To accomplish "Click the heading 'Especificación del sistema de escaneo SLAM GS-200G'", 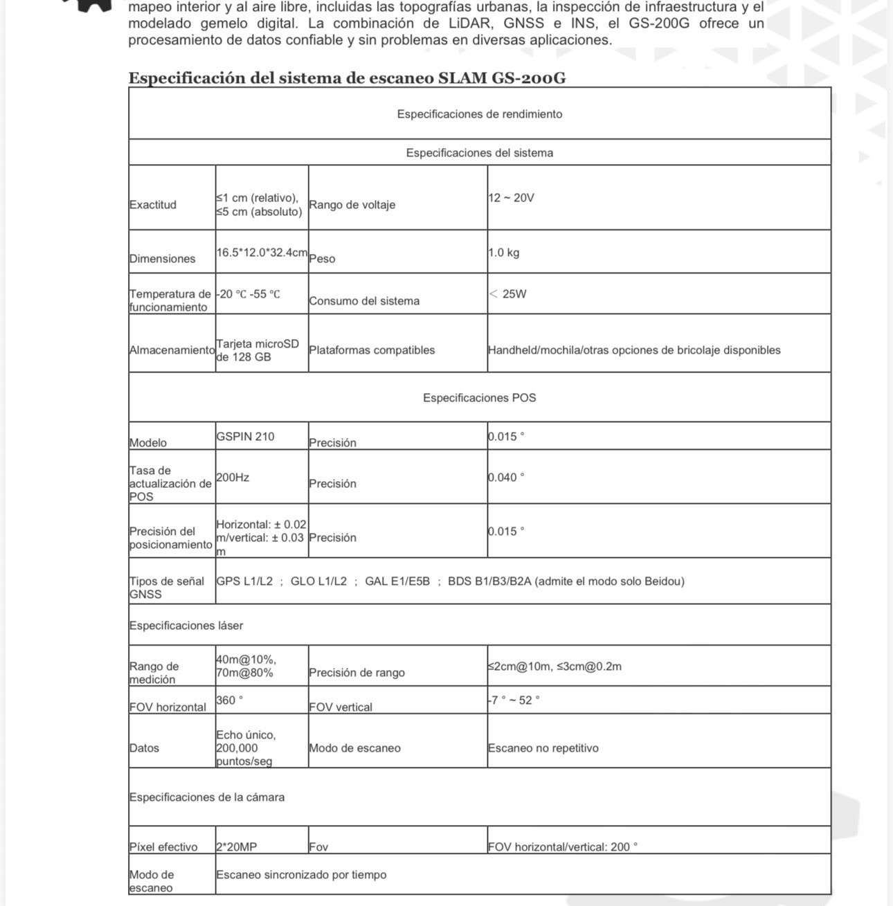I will point(347,78).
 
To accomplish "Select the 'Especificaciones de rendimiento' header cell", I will point(479,114).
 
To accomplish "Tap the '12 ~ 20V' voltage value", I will point(511,198).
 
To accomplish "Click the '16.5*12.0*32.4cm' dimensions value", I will point(262,253).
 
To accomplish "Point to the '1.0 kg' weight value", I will point(503,253).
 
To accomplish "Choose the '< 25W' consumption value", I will point(507,294).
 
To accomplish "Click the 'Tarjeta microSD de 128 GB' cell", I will point(258,350).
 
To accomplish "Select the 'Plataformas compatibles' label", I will point(372,350).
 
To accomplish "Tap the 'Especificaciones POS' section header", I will point(479,398).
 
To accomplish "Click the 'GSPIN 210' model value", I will point(245,437).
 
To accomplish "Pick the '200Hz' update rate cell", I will point(233,478).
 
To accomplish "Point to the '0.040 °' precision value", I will point(506,478).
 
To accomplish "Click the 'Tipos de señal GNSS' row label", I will point(167,588).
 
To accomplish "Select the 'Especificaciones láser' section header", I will point(186,626).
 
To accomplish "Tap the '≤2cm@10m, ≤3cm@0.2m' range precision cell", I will point(554,667).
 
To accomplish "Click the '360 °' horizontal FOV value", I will point(230,700).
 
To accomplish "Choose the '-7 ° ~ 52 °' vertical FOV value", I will point(514,700).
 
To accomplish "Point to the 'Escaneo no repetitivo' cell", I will point(543,748).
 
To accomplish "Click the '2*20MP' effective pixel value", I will point(236,847).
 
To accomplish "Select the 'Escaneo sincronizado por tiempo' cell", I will point(301,875).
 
